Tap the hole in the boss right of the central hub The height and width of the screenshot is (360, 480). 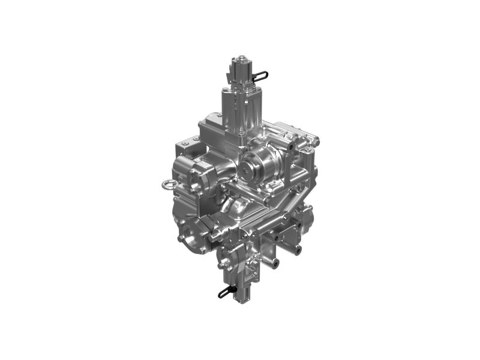point(291,146)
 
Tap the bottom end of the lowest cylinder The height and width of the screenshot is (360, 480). point(244,296)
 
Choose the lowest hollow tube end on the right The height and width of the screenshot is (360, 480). point(274,262)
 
